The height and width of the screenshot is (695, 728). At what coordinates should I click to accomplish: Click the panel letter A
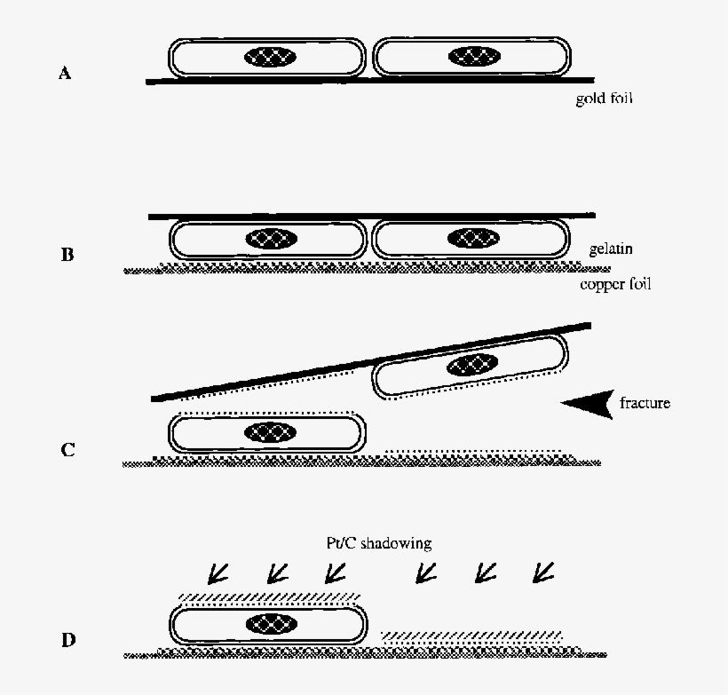(64, 74)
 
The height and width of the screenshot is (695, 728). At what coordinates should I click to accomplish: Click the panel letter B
(67, 256)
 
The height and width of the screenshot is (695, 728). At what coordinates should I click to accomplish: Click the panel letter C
(67, 449)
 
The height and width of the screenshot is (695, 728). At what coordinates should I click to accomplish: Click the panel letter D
(67, 639)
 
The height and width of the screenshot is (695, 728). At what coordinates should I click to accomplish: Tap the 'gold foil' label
(603, 99)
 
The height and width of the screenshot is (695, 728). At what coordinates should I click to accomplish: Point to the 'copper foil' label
(615, 285)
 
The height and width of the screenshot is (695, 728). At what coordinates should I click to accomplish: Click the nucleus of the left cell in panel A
(271, 58)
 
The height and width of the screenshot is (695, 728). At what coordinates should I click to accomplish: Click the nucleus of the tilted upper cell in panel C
(471, 364)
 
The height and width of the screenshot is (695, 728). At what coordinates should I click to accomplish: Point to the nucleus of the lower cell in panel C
(270, 432)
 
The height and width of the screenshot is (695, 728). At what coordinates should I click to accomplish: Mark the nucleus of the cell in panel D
(270, 622)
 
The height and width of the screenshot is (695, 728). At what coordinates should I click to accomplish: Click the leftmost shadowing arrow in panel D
(215, 574)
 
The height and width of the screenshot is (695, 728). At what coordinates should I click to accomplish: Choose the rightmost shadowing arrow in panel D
(542, 574)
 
